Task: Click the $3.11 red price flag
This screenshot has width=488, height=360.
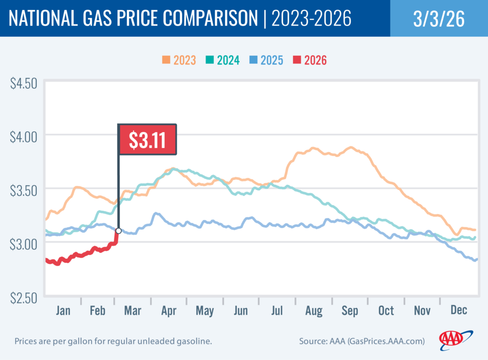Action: click(147, 139)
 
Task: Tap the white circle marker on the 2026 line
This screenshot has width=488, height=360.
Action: click(118, 231)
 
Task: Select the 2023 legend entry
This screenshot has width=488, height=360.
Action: click(179, 60)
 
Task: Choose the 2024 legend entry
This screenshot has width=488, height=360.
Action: click(223, 60)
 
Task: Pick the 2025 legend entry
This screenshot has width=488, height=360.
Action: click(266, 60)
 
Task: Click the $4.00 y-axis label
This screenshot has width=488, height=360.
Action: click(23, 138)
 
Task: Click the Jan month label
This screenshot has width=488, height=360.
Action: click(63, 311)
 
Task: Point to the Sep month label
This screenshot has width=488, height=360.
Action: click(349, 311)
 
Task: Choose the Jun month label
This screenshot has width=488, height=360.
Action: click(241, 311)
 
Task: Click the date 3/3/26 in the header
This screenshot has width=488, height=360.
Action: click(438, 19)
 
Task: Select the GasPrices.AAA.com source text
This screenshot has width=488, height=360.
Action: click(381, 342)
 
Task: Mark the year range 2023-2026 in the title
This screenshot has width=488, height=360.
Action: click(311, 19)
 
